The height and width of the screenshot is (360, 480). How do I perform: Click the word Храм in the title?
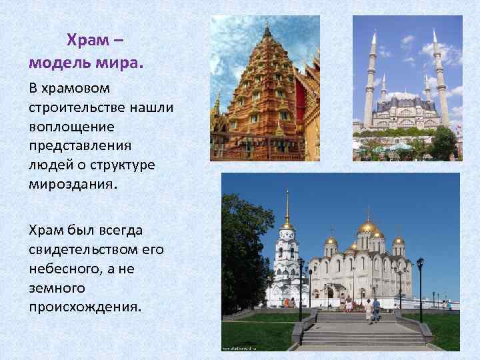click(85, 41)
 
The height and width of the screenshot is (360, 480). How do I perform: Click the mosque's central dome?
click(403, 96)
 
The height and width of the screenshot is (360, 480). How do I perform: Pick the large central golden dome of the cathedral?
click(367, 227)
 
